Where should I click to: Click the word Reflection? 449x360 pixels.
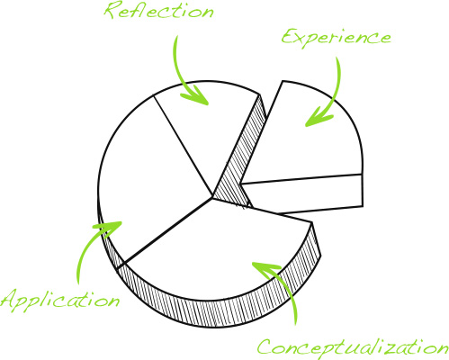pos(159,11)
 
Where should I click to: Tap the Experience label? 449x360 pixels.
pos(336,38)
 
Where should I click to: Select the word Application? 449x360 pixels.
pos(60,301)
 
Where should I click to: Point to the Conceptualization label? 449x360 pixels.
pos(353,348)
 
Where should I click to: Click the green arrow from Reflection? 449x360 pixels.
pos(177,75)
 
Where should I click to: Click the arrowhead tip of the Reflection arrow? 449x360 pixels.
pos(208,104)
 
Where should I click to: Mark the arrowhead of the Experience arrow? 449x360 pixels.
pos(306,126)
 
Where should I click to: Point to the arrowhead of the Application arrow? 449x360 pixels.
pos(121,222)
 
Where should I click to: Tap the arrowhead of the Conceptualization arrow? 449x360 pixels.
pos(253,263)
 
